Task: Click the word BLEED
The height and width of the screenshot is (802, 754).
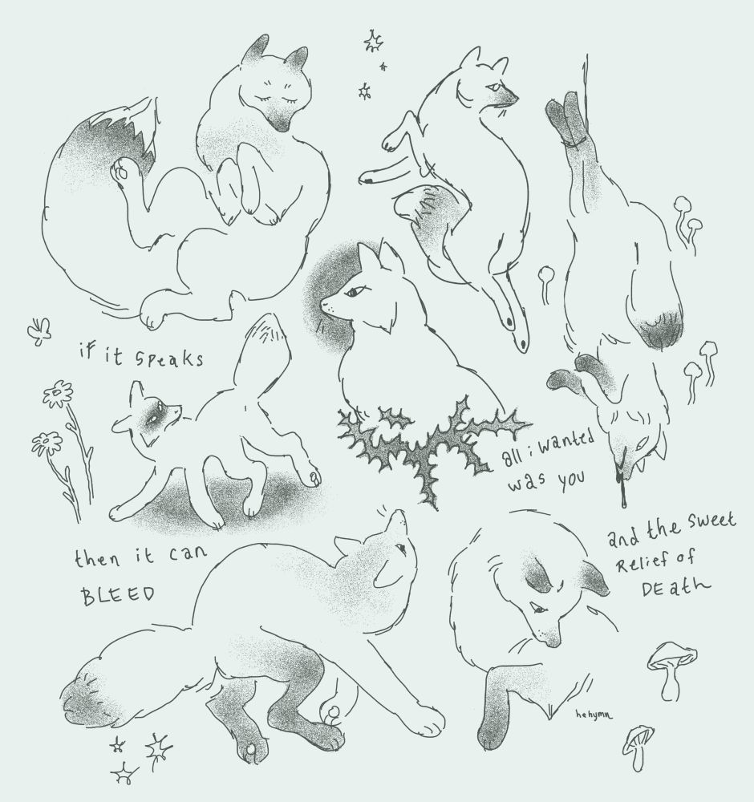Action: tap(118, 595)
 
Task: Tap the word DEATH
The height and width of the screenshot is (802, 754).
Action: tap(675, 587)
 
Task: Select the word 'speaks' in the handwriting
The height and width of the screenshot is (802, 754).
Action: tap(169, 358)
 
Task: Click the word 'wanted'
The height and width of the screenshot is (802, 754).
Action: tap(567, 444)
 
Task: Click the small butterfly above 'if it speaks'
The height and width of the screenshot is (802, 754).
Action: tap(39, 330)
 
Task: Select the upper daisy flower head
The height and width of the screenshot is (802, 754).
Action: tap(58, 394)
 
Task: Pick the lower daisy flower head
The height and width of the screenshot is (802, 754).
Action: tap(47, 443)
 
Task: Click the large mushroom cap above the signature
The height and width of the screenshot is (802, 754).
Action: tap(671, 657)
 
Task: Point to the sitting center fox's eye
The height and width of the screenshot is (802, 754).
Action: tap(352, 293)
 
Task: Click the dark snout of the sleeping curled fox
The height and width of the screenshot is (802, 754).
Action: tap(279, 122)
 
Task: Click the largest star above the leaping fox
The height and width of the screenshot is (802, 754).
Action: tap(373, 41)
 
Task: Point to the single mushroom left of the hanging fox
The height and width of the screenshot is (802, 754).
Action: tap(546, 283)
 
